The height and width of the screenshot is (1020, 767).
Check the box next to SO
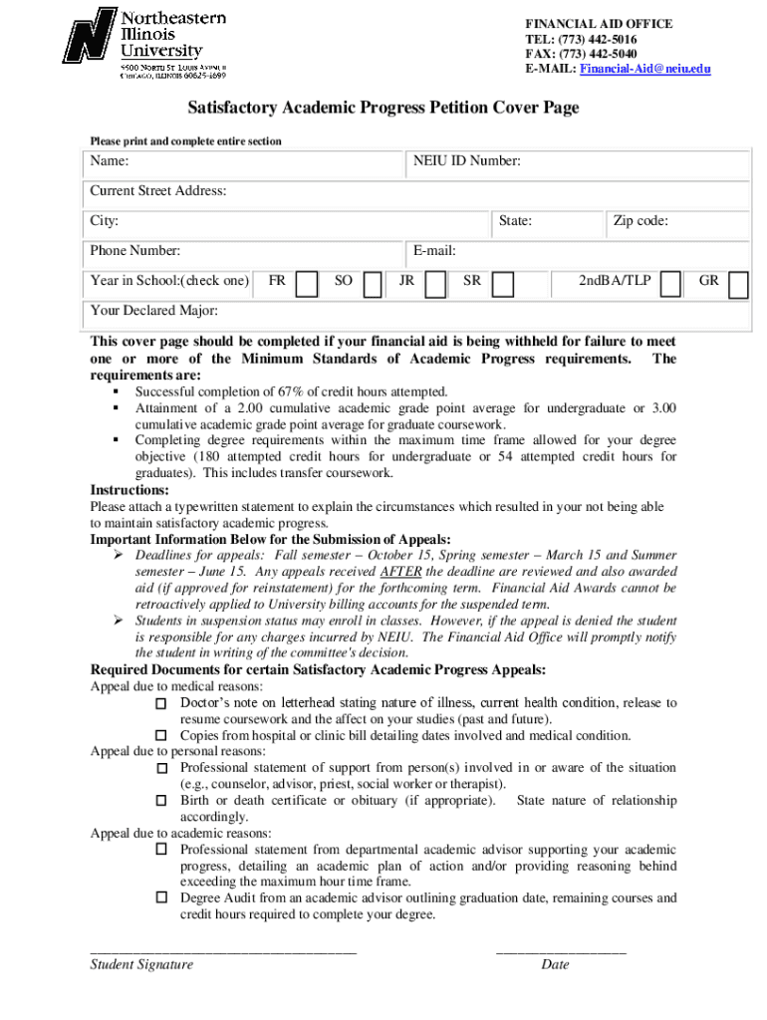[373, 285]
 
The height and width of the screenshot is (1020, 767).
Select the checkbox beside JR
[435, 285]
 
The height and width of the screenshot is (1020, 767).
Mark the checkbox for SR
[503, 285]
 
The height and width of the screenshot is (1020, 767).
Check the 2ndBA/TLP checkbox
[671, 285]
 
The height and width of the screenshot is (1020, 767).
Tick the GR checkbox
[738, 285]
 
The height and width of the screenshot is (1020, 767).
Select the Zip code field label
[639, 221]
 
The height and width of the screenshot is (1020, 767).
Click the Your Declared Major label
[153, 311]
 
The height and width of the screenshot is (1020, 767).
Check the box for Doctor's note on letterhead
[162, 704]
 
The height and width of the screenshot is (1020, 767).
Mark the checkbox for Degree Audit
[162, 898]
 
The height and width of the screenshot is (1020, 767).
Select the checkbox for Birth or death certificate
[162, 801]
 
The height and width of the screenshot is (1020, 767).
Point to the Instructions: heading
[129, 490]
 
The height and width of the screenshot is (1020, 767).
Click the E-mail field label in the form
[432, 251]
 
